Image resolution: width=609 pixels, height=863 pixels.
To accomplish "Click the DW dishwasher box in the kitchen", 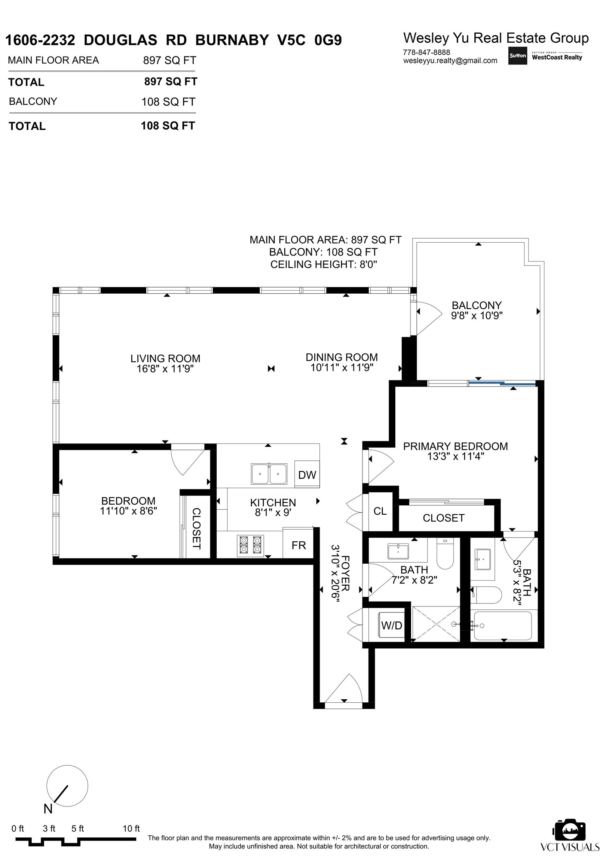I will tap(307, 475).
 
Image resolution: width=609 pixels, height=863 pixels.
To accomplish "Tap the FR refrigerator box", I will tap(298, 545).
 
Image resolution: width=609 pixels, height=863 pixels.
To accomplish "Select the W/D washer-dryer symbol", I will tap(391, 626).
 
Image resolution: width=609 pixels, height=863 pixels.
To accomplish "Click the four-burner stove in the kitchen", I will tap(250, 545).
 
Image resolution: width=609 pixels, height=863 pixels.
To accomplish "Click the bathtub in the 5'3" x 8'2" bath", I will tap(503, 626).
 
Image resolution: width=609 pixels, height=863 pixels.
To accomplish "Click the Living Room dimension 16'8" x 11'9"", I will tap(165, 369).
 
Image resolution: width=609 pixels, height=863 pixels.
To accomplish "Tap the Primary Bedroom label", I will tap(455, 446).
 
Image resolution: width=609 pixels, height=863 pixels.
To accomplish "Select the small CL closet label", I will tap(380, 511).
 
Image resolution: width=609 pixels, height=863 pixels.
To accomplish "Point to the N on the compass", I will tap(48, 808).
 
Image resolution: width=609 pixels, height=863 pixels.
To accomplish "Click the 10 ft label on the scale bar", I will tap(131, 829).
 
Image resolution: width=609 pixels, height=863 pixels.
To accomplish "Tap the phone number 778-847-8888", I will tap(426, 52).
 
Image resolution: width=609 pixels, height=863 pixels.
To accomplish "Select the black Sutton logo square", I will tap(517, 56).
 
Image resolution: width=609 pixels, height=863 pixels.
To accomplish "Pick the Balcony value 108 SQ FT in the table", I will tap(168, 102).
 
